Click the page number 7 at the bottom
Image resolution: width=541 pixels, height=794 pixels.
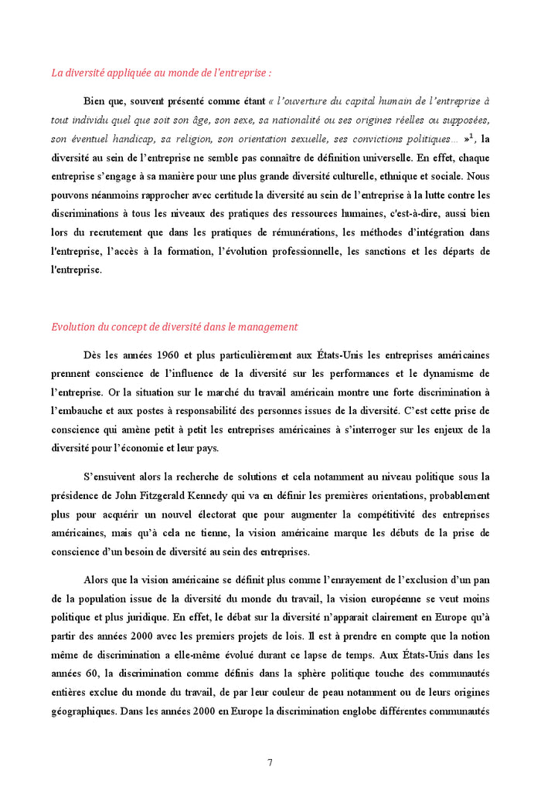(x=270, y=762)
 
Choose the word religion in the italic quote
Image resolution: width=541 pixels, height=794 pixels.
(x=198, y=140)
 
